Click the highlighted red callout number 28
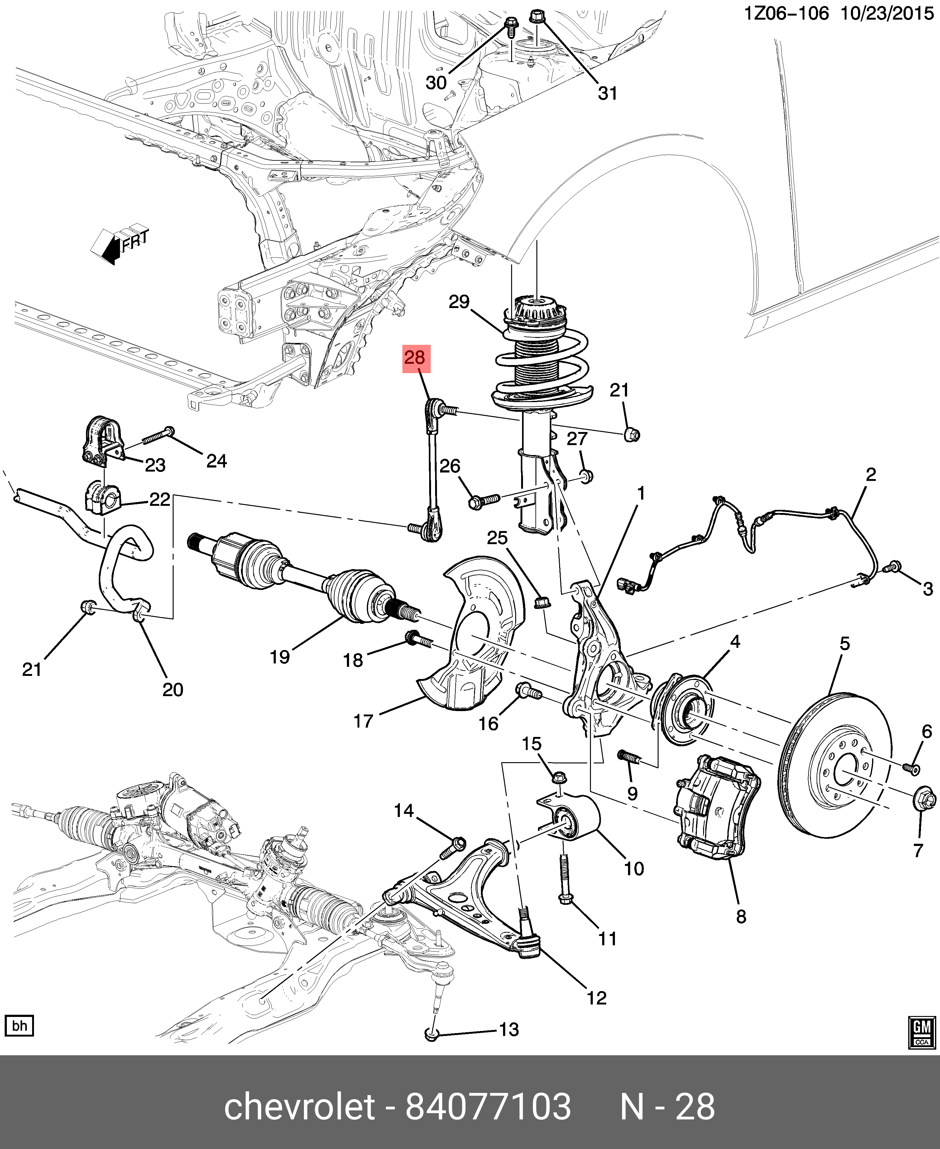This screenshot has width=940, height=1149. click(415, 358)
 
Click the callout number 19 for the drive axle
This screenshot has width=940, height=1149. click(280, 657)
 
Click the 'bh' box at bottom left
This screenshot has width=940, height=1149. click(20, 1026)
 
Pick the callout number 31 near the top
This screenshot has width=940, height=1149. click(607, 94)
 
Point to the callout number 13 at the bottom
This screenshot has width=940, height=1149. click(508, 1029)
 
